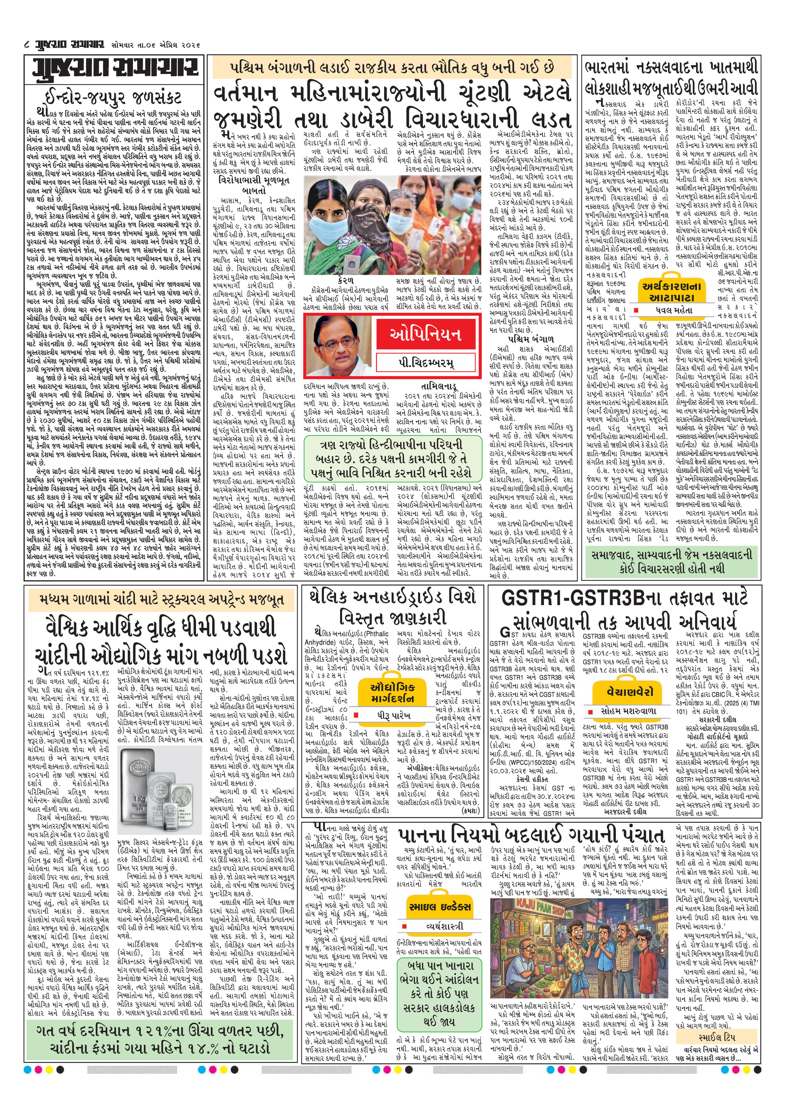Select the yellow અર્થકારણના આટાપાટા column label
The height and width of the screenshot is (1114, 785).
pyautogui.click(x=671, y=291)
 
